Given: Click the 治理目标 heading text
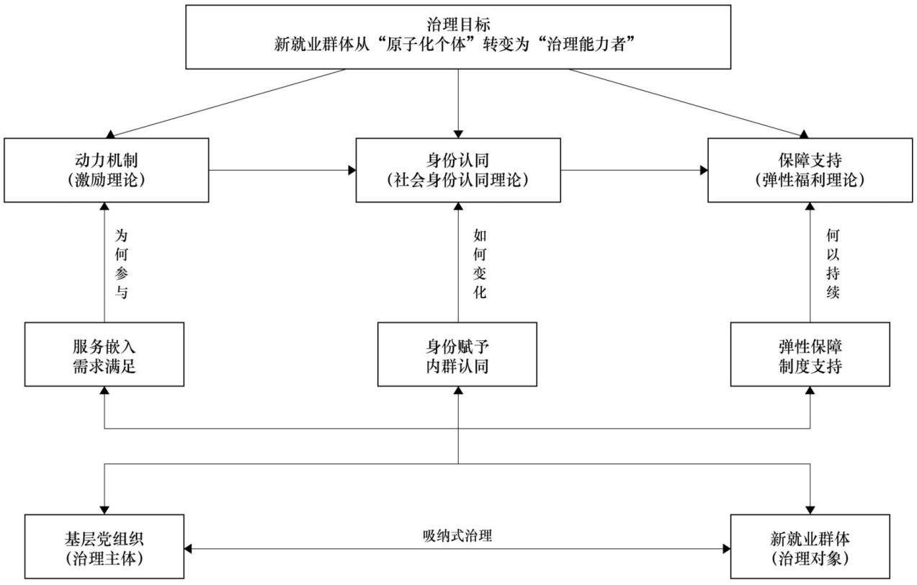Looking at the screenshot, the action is click(x=458, y=24).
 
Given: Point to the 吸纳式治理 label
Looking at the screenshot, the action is click(x=457, y=535).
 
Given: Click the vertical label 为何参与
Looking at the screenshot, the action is click(x=121, y=264).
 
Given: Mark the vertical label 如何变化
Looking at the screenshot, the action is click(x=480, y=264).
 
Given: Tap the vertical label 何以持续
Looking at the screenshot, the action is click(x=833, y=264).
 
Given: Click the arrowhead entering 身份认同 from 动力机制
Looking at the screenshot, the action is click(x=352, y=170).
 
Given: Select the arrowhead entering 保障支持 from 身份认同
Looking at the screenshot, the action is click(x=704, y=170).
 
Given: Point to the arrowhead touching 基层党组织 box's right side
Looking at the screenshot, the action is click(x=188, y=548).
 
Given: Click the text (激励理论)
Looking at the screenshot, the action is click(x=107, y=180).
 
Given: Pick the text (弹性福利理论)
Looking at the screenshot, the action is click(x=810, y=180).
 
